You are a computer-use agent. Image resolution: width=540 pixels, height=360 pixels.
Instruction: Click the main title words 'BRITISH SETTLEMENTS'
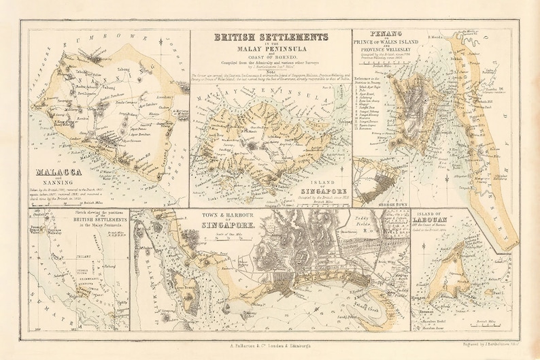coord(270,37)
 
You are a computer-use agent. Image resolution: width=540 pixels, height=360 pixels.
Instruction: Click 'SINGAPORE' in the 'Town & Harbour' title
coord(226,225)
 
